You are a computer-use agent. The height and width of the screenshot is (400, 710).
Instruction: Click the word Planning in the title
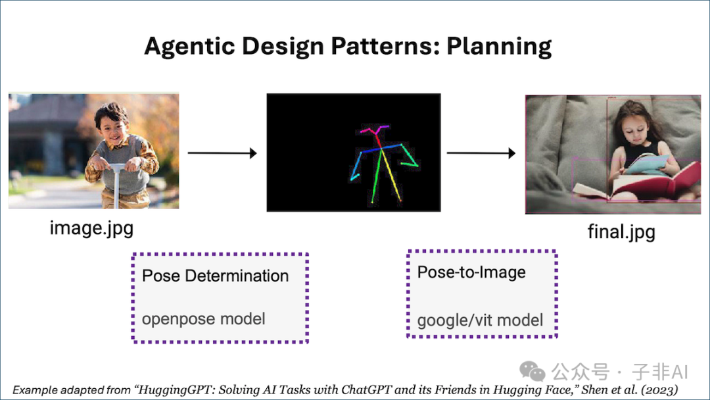click(x=499, y=46)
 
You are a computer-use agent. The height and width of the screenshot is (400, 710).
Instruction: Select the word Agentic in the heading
click(x=189, y=46)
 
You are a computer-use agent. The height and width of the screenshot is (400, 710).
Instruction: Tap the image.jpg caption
click(x=91, y=228)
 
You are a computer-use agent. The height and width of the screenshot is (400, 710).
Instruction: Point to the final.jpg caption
click(x=621, y=232)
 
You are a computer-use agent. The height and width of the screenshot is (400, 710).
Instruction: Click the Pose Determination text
click(x=215, y=276)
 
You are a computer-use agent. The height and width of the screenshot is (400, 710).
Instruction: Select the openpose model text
click(x=203, y=319)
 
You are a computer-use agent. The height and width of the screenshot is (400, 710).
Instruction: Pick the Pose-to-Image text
click(x=471, y=272)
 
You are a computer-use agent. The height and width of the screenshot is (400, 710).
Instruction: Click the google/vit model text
click(x=480, y=320)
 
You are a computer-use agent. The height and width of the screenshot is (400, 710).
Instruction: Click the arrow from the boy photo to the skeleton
click(x=222, y=153)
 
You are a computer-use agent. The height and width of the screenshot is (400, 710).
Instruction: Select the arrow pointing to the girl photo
click(x=481, y=153)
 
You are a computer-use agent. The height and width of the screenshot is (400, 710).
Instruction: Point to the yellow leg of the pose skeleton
click(x=391, y=174)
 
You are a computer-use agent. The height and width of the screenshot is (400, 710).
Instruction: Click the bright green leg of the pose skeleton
click(x=377, y=175)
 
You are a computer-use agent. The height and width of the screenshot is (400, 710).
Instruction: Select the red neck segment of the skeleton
click(x=379, y=140)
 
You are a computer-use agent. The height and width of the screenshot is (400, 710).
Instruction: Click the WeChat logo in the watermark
click(x=532, y=371)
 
